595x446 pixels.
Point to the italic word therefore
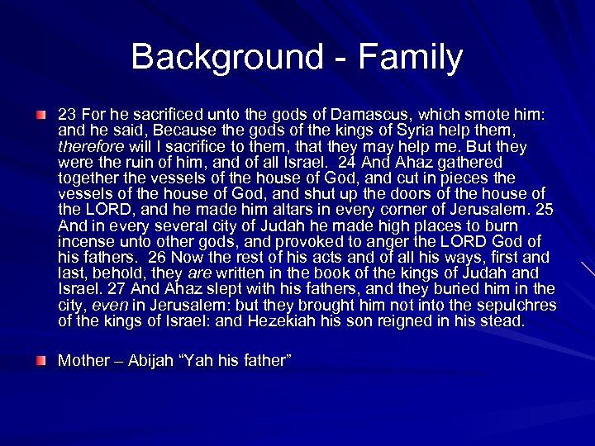(x=88, y=146)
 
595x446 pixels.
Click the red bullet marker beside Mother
(x=40, y=361)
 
